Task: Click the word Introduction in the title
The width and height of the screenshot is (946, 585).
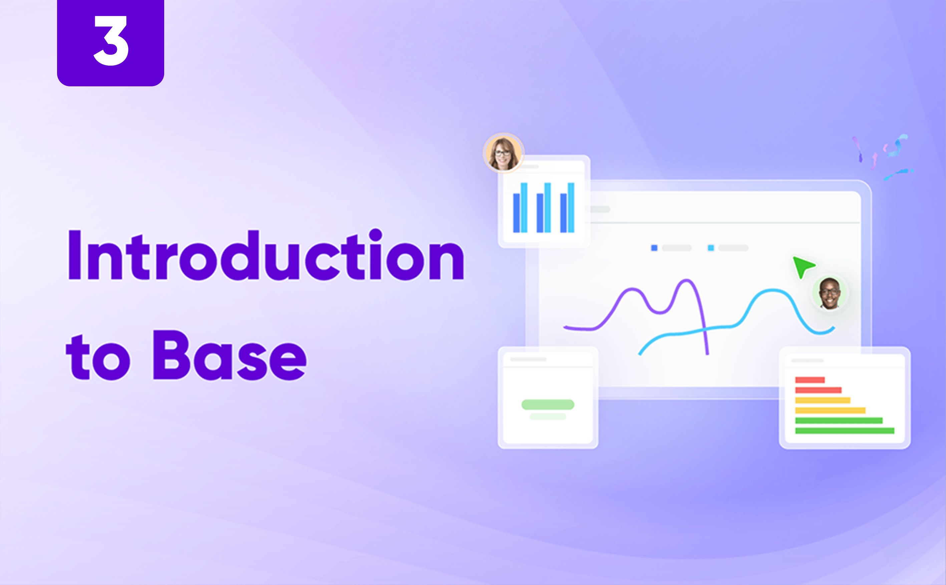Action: tap(266, 255)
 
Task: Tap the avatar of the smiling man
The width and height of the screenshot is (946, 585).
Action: tap(829, 293)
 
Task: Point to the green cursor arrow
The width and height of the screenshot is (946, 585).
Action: tap(802, 266)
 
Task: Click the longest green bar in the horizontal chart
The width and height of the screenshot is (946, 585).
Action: tap(845, 431)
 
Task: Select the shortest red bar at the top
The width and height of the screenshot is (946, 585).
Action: tap(810, 380)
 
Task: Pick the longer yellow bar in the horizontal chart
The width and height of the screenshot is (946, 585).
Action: tap(830, 410)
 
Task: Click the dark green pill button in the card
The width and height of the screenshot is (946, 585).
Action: tap(548, 405)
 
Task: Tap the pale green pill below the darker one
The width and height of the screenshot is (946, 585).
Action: tap(548, 417)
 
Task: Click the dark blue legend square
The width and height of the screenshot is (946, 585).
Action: tap(654, 248)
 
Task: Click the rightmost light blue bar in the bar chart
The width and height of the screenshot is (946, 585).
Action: tap(571, 208)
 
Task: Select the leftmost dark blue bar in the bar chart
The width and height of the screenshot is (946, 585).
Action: tap(516, 213)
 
